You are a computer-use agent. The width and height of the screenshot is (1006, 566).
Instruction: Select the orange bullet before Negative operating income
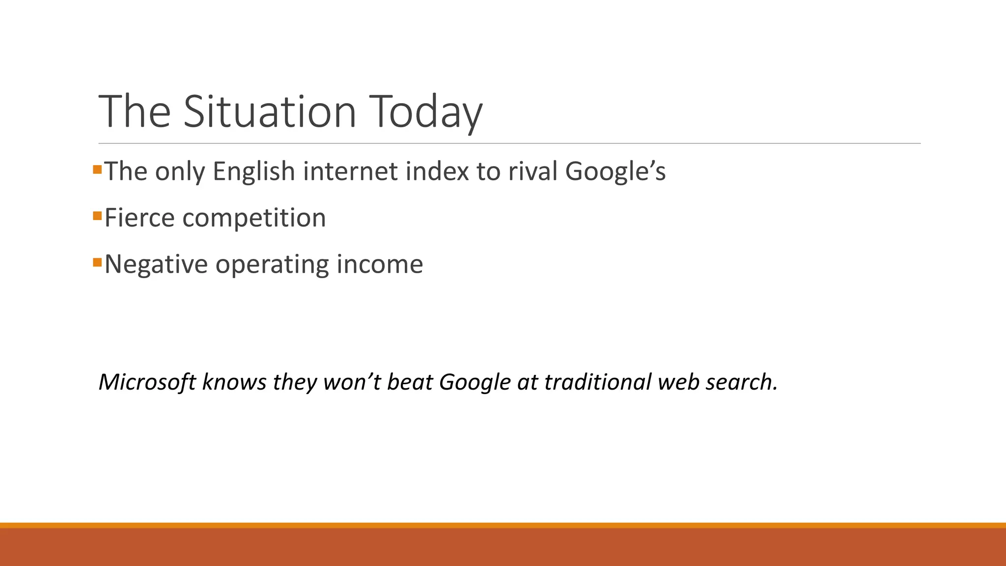tap(97, 262)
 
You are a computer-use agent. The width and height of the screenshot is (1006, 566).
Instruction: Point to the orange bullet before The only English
tap(97, 170)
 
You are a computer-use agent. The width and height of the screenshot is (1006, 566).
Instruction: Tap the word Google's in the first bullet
tap(615, 172)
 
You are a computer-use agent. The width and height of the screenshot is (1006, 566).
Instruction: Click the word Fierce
tap(140, 218)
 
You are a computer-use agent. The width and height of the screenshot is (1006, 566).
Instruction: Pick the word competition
tap(254, 218)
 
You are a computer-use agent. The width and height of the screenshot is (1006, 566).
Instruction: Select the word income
tap(380, 264)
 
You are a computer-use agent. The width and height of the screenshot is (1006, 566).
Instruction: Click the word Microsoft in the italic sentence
tap(147, 382)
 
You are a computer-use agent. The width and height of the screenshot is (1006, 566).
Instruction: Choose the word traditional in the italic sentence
tap(598, 382)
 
